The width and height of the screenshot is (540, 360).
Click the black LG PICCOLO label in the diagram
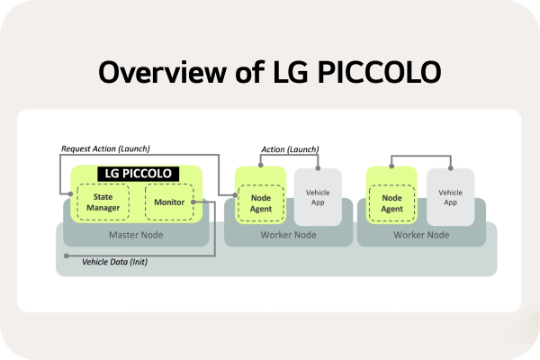[x=138, y=173]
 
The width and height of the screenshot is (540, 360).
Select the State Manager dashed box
[x=102, y=202]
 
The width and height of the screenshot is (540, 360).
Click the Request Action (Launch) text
[x=105, y=148]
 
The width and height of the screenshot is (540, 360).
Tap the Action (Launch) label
[x=289, y=148]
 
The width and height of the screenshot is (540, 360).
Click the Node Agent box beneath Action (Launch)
[x=260, y=202]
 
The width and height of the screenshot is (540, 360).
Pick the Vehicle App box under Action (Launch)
[x=317, y=197]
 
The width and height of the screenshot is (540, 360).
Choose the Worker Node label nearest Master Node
[x=288, y=235]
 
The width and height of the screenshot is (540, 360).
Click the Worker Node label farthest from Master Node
[x=421, y=235]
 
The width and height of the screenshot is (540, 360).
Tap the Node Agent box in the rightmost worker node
[x=392, y=202]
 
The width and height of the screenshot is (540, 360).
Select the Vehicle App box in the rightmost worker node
[x=450, y=197]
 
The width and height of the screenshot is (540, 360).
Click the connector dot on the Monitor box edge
[x=204, y=202]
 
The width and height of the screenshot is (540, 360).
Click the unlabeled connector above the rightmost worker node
[x=421, y=157]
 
